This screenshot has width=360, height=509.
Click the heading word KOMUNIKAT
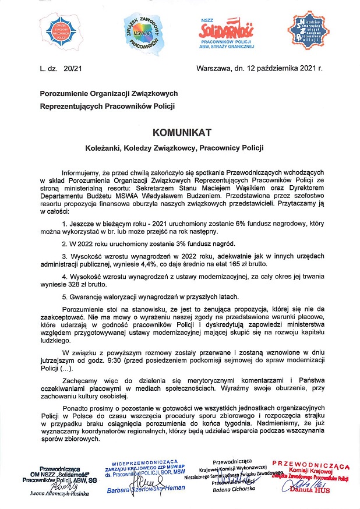click(x=179, y=132)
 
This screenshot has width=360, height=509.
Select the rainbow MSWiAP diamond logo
click(x=145, y=33)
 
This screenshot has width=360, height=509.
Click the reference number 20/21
click(x=73, y=69)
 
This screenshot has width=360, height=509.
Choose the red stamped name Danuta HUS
click(x=314, y=490)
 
